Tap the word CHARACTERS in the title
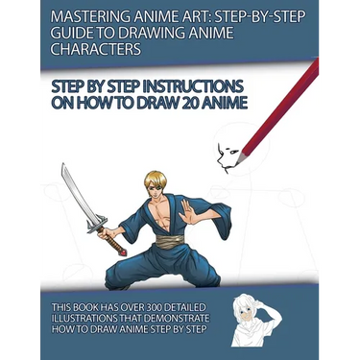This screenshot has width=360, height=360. click(96, 49)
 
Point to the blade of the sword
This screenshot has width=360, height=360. click(78, 192)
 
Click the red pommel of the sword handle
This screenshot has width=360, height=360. click(123, 252)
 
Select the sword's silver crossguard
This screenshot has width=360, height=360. click(97, 223)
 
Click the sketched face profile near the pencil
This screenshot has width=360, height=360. click(228, 157)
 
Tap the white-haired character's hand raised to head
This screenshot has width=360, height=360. click(258, 302)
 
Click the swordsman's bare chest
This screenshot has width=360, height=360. click(164, 214)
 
